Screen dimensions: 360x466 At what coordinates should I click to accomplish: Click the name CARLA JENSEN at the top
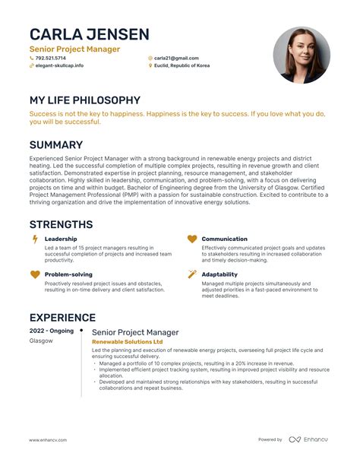coord(89,34)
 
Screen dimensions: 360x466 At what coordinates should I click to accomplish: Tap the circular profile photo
coord(301,55)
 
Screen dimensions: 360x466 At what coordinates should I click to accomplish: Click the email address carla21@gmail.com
coord(176,58)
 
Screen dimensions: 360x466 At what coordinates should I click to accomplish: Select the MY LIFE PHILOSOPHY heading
coord(84,100)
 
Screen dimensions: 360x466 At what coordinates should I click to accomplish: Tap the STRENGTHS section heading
coord(61,224)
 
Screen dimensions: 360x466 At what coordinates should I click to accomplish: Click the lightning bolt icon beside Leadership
coord(34,239)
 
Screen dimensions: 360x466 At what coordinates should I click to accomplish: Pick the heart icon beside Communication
coord(192,239)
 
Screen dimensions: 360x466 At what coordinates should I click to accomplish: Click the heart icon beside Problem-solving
coord(34,274)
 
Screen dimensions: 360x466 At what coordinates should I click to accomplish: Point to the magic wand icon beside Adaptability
coord(192,274)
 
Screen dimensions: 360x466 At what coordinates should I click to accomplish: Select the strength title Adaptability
coord(219,274)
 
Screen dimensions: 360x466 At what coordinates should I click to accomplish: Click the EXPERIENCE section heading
coord(62,318)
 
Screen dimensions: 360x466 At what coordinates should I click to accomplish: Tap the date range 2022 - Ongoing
coord(51,331)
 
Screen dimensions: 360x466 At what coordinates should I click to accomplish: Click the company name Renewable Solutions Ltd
coord(127,342)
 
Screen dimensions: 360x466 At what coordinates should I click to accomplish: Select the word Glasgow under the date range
coord(41,341)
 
